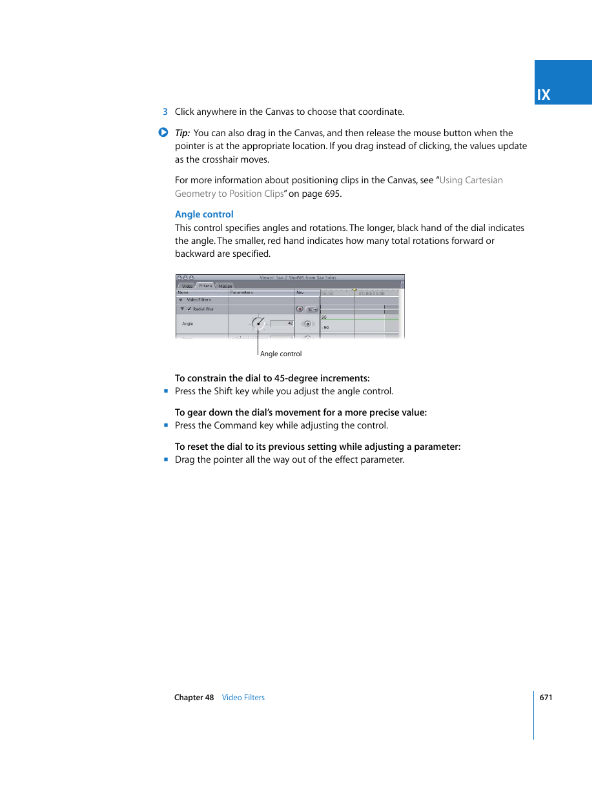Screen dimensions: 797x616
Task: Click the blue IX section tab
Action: [562, 83]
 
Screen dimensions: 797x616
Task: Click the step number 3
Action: [165, 112]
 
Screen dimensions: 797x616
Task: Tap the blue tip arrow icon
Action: [163, 132]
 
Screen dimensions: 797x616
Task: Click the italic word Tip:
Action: [182, 133]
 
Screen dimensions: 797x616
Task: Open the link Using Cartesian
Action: [471, 180]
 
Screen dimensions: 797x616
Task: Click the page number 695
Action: [332, 194]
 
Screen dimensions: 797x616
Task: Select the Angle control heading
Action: [204, 214]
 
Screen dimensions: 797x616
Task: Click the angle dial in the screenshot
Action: [258, 323]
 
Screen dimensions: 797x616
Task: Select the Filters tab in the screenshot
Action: [205, 285]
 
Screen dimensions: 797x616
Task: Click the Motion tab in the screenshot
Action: [225, 286]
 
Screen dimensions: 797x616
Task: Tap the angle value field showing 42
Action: [282, 323]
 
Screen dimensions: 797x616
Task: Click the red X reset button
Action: [300, 309]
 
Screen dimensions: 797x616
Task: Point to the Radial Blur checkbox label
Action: [203, 309]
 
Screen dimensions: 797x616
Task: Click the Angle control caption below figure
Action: [281, 354]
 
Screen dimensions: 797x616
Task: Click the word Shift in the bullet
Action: [223, 391]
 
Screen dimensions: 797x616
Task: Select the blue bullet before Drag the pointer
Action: [166, 459]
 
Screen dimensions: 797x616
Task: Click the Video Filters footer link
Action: [243, 698]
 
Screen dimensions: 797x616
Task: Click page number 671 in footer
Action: [546, 698]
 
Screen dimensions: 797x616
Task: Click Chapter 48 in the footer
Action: [194, 698]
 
